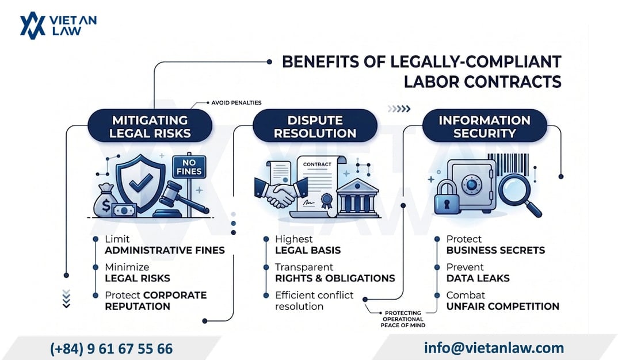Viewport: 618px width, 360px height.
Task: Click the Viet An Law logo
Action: (x=58, y=26)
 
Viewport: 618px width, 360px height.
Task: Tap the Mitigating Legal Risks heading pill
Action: (x=150, y=126)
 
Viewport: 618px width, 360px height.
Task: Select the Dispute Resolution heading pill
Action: (x=315, y=126)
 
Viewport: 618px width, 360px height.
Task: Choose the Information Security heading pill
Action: (x=485, y=126)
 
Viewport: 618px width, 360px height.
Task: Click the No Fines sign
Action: (x=189, y=167)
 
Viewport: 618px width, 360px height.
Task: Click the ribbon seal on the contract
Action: (x=326, y=200)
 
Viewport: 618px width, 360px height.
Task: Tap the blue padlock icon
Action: (x=447, y=196)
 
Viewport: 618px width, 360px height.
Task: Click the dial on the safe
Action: (x=472, y=183)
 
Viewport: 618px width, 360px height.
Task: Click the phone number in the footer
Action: (x=111, y=348)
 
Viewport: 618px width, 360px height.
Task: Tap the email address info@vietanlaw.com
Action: (x=494, y=348)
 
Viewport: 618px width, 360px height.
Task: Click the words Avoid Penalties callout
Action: (x=236, y=103)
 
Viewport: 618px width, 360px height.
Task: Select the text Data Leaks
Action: (x=478, y=278)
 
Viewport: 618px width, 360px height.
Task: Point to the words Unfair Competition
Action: (x=503, y=306)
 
